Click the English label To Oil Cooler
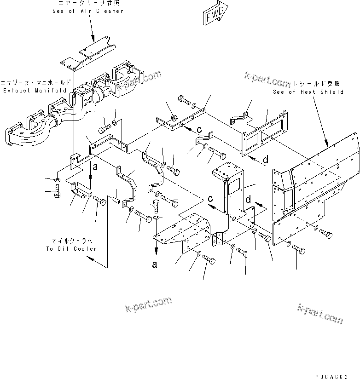[x=71, y=249]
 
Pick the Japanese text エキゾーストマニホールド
[x=35, y=83]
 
